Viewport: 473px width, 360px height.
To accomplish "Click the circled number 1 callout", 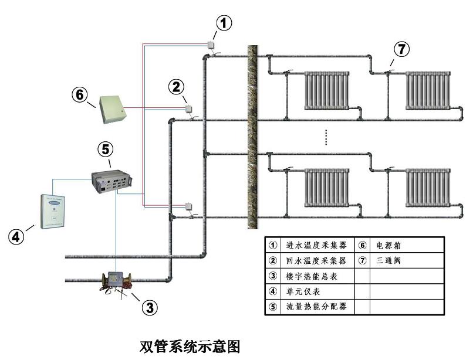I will [x=224, y=23].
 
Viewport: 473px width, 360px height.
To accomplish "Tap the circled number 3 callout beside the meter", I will [x=150, y=307].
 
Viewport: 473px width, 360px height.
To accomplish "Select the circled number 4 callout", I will [x=16, y=237].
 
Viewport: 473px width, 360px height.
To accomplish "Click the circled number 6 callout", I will [x=80, y=94].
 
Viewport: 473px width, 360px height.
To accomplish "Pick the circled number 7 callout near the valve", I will [x=401, y=49].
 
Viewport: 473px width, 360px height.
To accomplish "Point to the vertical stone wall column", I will [x=253, y=137].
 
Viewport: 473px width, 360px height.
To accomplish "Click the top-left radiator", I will [x=326, y=91].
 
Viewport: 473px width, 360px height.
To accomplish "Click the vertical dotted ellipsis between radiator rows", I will [x=326, y=137].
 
